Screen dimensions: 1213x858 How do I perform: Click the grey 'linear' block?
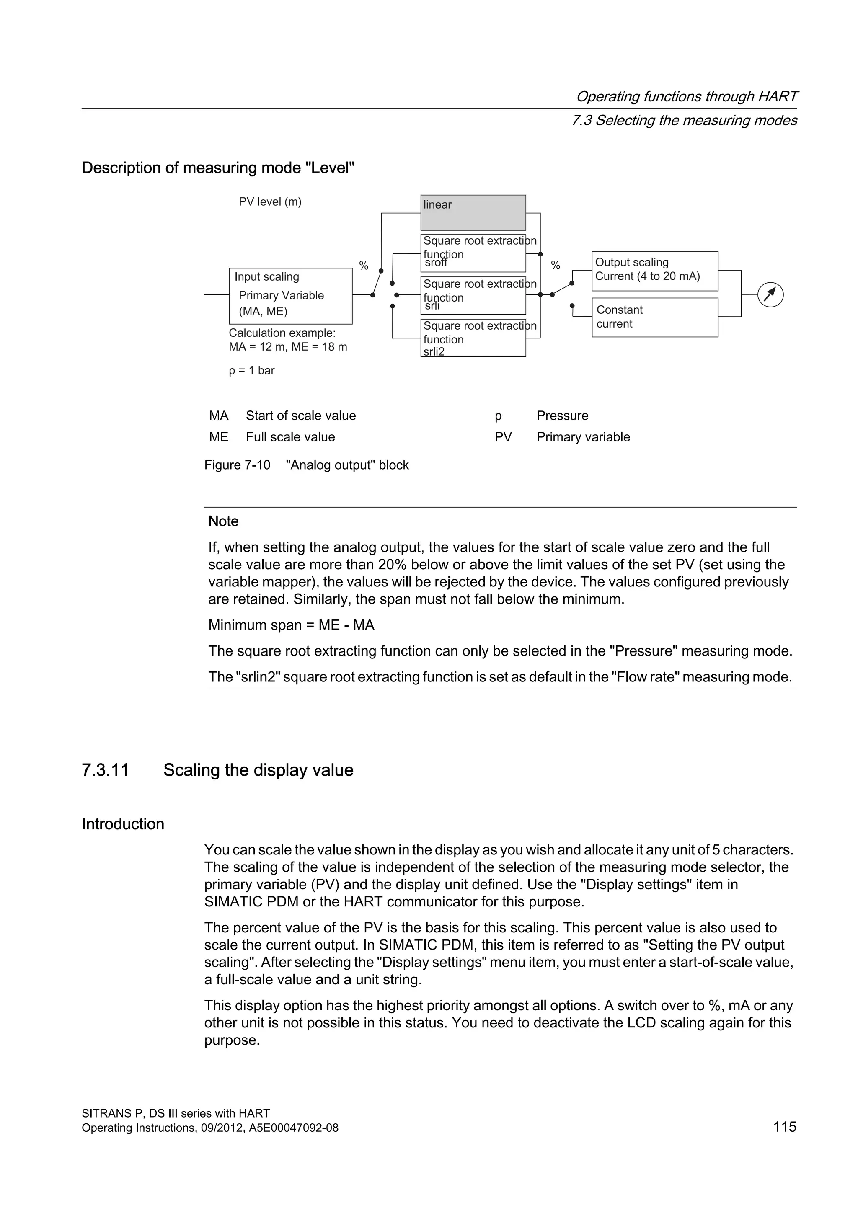tap(473, 212)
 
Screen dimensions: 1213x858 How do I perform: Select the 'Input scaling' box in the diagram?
tap(291, 296)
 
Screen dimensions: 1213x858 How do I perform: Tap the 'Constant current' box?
tap(654, 317)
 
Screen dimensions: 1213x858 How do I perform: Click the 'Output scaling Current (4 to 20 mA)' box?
tap(654, 271)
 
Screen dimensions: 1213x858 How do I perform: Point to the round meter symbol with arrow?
tap(770, 295)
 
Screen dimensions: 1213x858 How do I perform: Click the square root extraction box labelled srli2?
tap(473, 338)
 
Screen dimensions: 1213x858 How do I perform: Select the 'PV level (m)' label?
tap(270, 202)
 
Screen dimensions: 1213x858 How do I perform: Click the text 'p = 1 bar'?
tap(251, 370)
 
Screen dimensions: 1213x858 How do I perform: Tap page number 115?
tap(784, 1126)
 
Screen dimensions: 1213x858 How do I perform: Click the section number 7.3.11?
tap(105, 770)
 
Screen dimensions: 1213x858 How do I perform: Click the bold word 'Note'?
tap(223, 521)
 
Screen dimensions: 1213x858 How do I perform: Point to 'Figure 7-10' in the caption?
tap(237, 465)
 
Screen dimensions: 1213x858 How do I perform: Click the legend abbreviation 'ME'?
tap(219, 437)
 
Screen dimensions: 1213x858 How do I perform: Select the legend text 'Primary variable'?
tap(583, 437)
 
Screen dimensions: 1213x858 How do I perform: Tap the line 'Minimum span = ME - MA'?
tap(291, 625)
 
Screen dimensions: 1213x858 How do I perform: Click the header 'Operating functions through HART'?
tap(686, 96)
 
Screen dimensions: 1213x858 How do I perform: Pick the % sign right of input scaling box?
tap(364, 265)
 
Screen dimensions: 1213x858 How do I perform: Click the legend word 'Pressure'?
tap(562, 415)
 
